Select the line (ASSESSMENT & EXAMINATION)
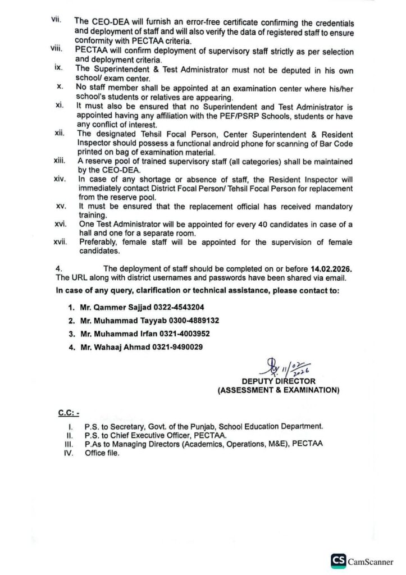tap(279, 390)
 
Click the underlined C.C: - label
tap(67, 413)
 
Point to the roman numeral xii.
tap(61, 134)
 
